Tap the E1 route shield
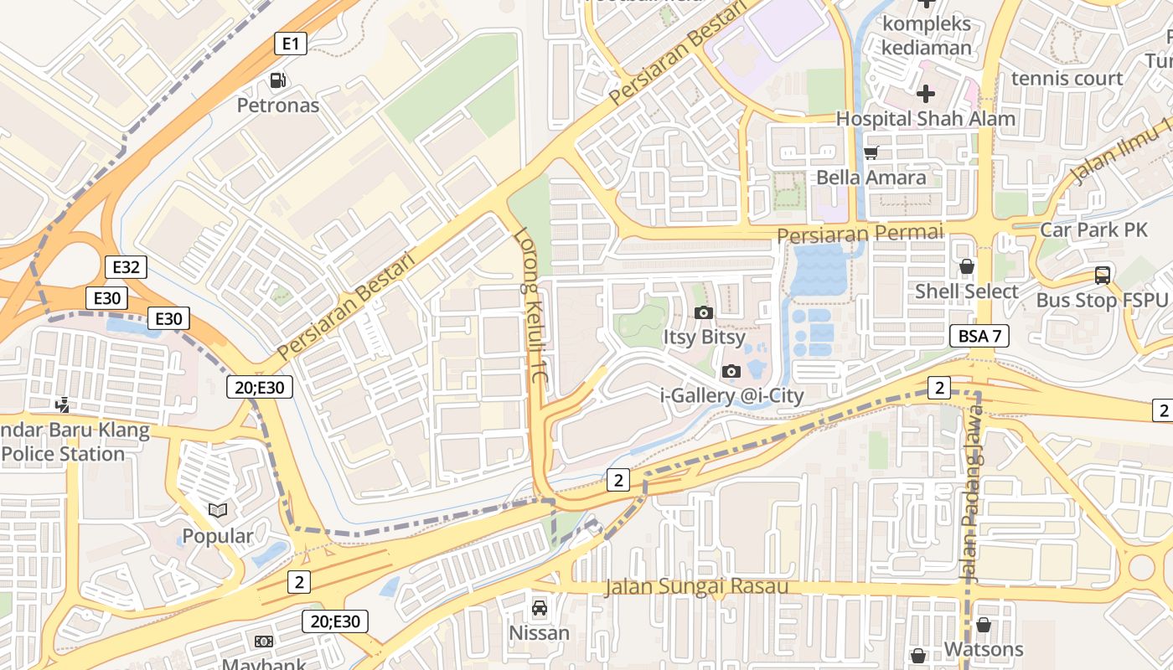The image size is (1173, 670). click(291, 44)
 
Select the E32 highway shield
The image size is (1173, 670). click(126, 267)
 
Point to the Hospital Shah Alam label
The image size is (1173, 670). click(926, 118)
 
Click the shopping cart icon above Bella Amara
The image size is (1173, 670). click(871, 152)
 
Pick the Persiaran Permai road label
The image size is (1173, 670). click(860, 234)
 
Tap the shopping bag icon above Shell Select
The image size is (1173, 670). click(966, 266)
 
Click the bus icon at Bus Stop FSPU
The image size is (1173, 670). click(1102, 275)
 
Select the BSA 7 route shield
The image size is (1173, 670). click(979, 336)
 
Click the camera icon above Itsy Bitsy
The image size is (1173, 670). click(704, 312)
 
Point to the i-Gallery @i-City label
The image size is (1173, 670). click(732, 395)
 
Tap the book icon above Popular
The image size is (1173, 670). click(218, 510)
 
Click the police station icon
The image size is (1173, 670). click(62, 405)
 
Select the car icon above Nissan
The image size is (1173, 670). click(540, 607)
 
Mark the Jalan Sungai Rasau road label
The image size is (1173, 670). click(696, 586)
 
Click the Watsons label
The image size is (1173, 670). click(984, 649)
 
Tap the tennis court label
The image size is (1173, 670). click(1067, 78)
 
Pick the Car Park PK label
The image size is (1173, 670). click(1093, 229)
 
